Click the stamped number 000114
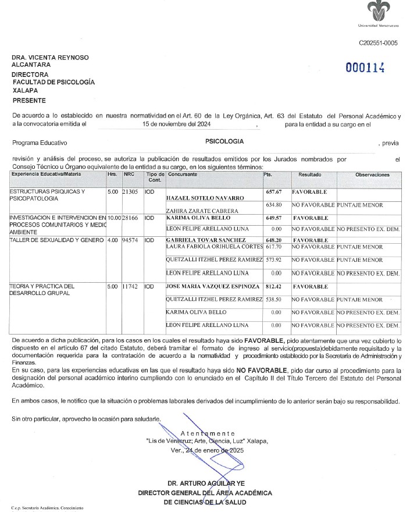pyautogui.click(x=365, y=67)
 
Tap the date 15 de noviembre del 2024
pyautogui.click(x=177, y=124)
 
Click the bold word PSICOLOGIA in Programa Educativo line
pyautogui.click(x=224, y=141)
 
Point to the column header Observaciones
pyautogui.click(x=372, y=175)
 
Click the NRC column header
pyautogui.click(x=129, y=175)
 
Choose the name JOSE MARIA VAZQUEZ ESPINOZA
pyautogui.click(x=213, y=287)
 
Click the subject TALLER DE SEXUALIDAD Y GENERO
pyautogui.click(x=56, y=240)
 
